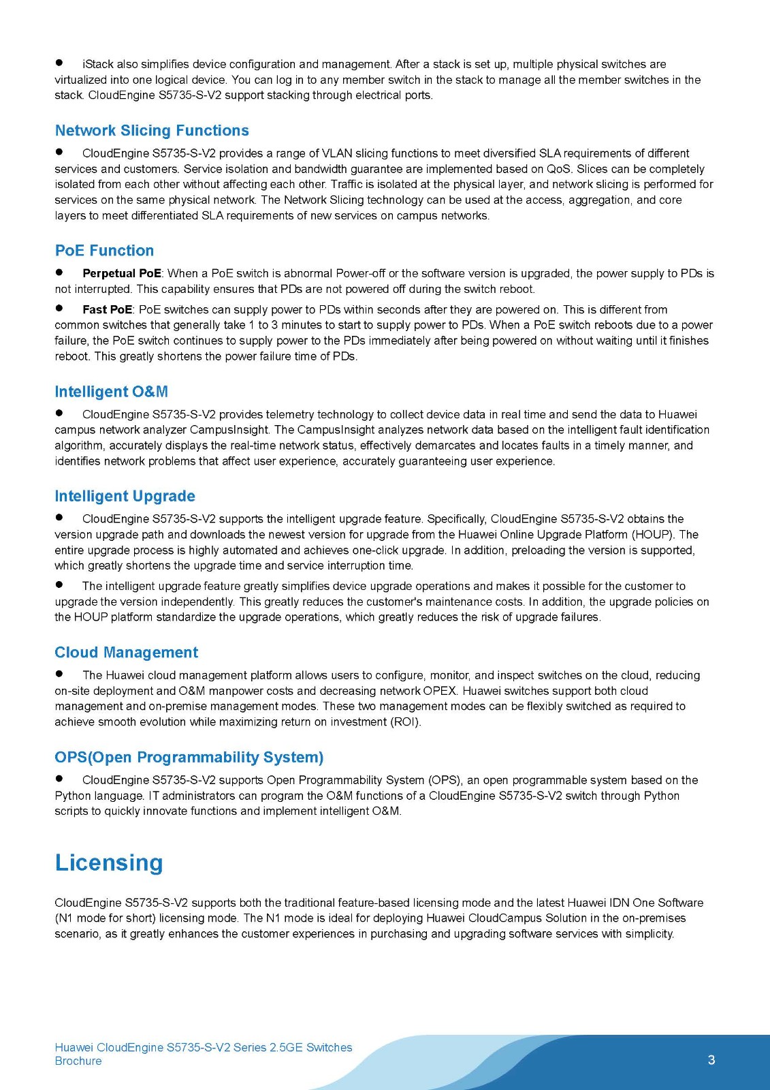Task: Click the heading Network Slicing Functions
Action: point(152,130)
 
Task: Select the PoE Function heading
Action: point(104,250)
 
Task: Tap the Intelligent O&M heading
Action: point(111,392)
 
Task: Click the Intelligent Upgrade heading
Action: point(125,496)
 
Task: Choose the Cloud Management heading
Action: point(126,653)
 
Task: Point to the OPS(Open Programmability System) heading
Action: point(189,758)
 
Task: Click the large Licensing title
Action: point(109,862)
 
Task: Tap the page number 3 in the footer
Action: point(711,1059)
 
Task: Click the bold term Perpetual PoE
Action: point(121,273)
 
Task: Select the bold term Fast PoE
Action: point(107,309)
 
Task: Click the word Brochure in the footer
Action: point(78,1061)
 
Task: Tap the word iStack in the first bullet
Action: point(97,64)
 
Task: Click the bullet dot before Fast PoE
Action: point(59,309)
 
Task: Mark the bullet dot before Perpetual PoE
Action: point(59,272)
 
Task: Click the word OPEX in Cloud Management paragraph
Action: point(439,691)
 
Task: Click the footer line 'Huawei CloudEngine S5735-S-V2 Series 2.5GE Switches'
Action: point(203,1047)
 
